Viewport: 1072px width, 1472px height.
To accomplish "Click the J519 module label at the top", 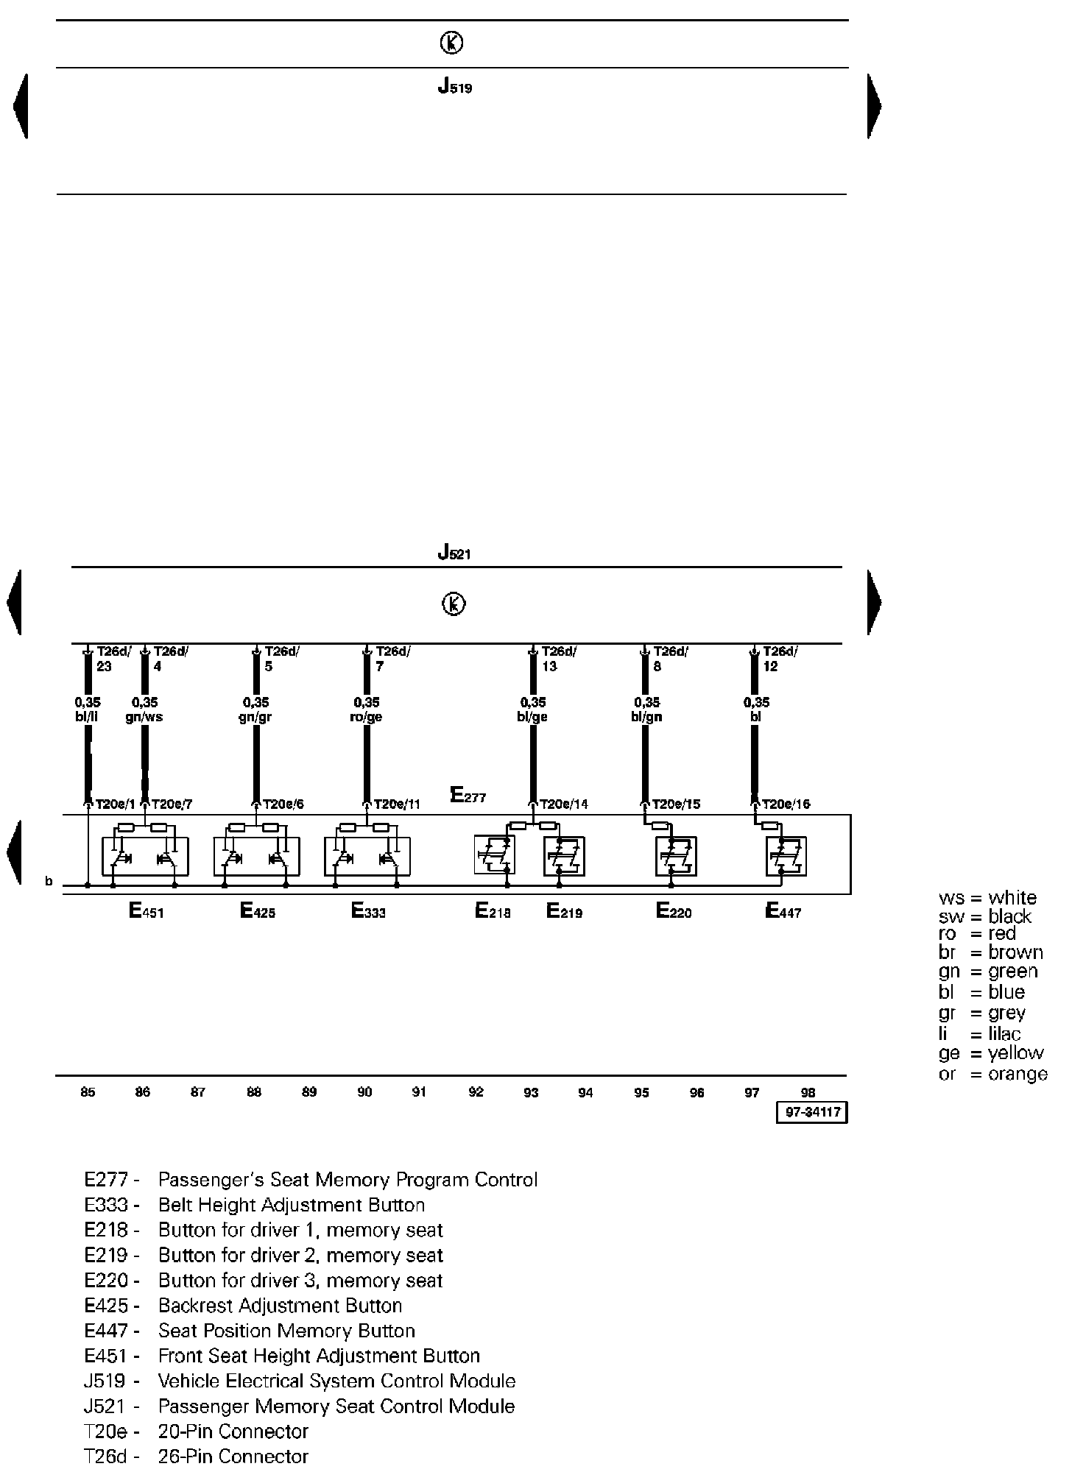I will tap(454, 88).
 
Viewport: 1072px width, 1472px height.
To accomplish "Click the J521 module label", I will tap(454, 552).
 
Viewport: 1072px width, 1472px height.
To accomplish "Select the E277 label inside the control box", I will tap(468, 796).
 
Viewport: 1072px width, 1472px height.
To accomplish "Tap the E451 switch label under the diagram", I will tap(146, 912).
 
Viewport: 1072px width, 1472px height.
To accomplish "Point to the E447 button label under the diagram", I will tap(783, 912).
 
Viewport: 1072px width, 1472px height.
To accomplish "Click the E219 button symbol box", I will tap(564, 856).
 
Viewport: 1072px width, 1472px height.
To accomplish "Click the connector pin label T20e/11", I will tap(397, 804).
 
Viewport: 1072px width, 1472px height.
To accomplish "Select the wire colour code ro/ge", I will tap(367, 717).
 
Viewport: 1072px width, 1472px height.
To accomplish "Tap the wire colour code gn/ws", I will tap(144, 717).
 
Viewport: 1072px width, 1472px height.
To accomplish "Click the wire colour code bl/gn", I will tap(646, 717).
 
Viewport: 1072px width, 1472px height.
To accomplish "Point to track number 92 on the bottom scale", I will tap(476, 1093).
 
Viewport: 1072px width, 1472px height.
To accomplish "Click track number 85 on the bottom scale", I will tap(88, 1093).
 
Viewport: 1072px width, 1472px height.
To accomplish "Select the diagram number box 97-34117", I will tap(812, 1113).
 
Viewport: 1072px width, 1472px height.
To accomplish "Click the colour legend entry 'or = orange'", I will tap(992, 1074).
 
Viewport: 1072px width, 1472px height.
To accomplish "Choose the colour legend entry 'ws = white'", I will tap(987, 898).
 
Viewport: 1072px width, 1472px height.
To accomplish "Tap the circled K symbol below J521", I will tap(454, 604).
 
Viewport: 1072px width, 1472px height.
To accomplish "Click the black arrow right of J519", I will tap(874, 106).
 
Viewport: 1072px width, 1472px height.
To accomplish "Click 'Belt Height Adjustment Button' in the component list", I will tap(292, 1205).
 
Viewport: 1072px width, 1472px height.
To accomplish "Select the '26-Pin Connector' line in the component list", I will tap(233, 1457).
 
